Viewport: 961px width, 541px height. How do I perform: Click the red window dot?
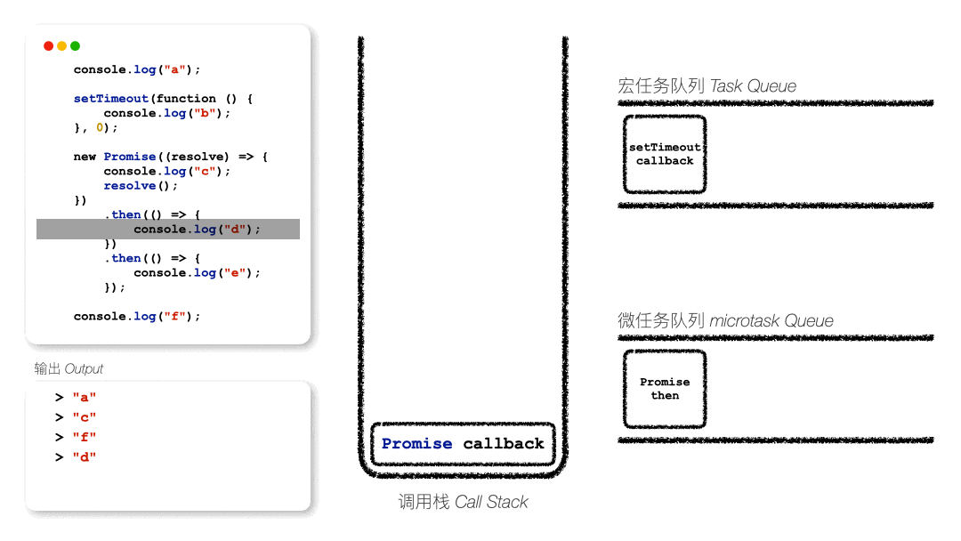[49, 46]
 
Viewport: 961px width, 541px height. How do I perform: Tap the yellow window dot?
[62, 46]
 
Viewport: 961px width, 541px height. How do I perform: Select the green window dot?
[76, 46]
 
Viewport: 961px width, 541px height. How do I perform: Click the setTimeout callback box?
[665, 154]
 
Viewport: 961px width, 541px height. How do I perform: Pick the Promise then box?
[665, 389]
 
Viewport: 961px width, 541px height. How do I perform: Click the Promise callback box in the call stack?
[463, 443]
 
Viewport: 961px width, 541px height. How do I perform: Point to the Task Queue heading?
[707, 86]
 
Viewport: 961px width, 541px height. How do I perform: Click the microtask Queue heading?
[725, 320]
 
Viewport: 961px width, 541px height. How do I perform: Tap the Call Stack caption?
[463, 502]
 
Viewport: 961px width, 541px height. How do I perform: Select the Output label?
[69, 368]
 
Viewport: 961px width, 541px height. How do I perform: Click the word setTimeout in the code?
[100, 99]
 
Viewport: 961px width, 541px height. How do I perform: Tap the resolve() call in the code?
[141, 186]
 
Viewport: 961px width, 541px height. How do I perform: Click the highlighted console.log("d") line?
[197, 230]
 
